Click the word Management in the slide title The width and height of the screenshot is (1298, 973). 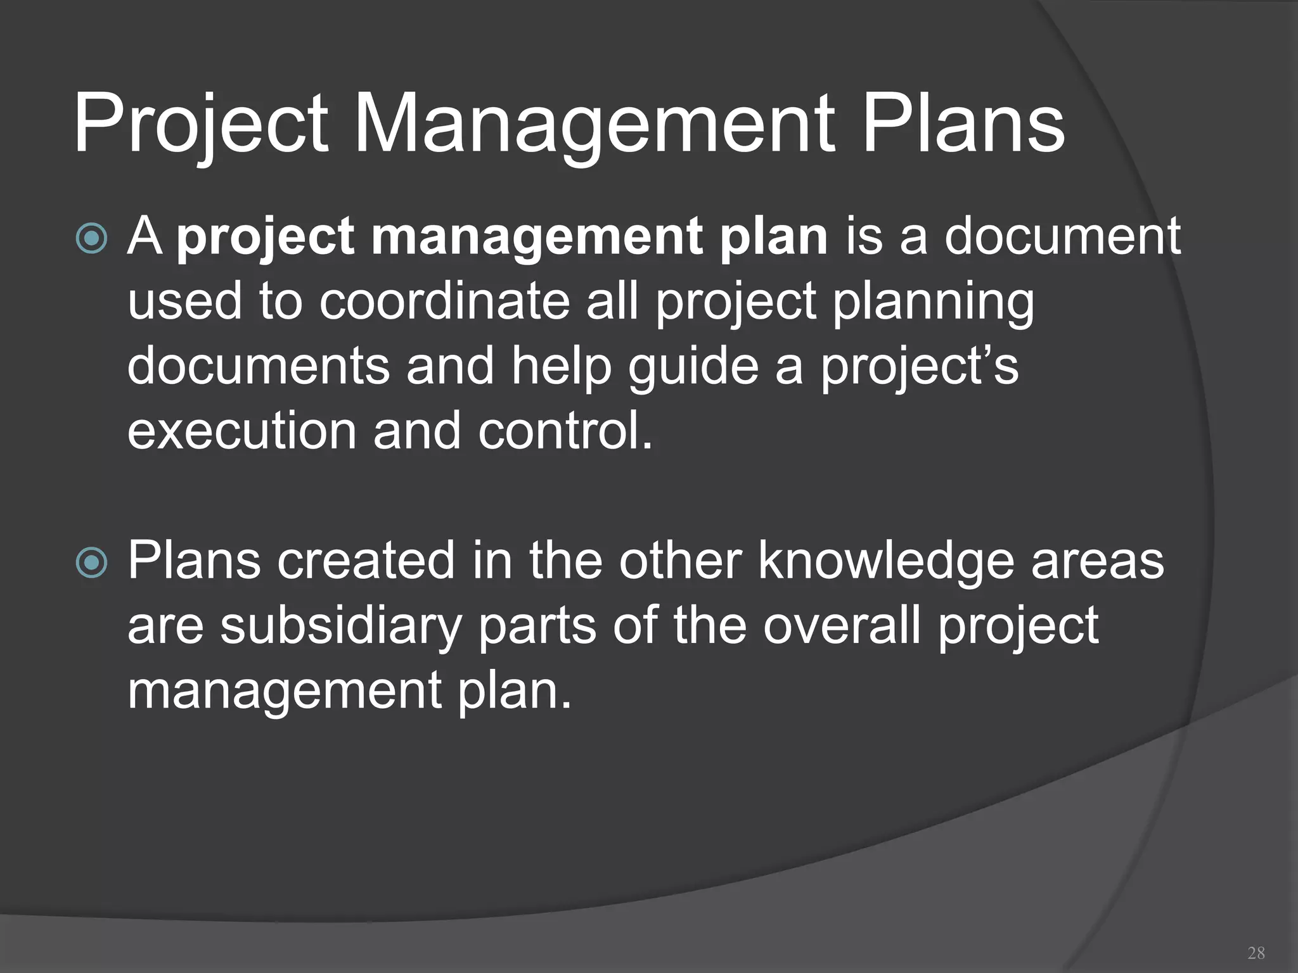pyautogui.click(x=594, y=124)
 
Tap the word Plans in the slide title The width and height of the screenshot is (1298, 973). pyautogui.click(x=963, y=124)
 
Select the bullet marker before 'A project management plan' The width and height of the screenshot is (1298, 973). pyautogui.click(x=92, y=238)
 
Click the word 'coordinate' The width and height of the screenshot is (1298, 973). pyautogui.click(x=444, y=302)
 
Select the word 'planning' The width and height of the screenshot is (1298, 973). pyautogui.click(x=933, y=302)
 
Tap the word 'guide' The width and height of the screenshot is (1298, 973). pyautogui.click(x=693, y=367)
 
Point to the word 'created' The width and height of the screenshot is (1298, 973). pyautogui.click(x=366, y=561)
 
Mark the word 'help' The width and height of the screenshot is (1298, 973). pyautogui.click(x=561, y=367)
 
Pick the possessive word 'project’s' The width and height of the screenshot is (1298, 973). pyautogui.click(x=920, y=367)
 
